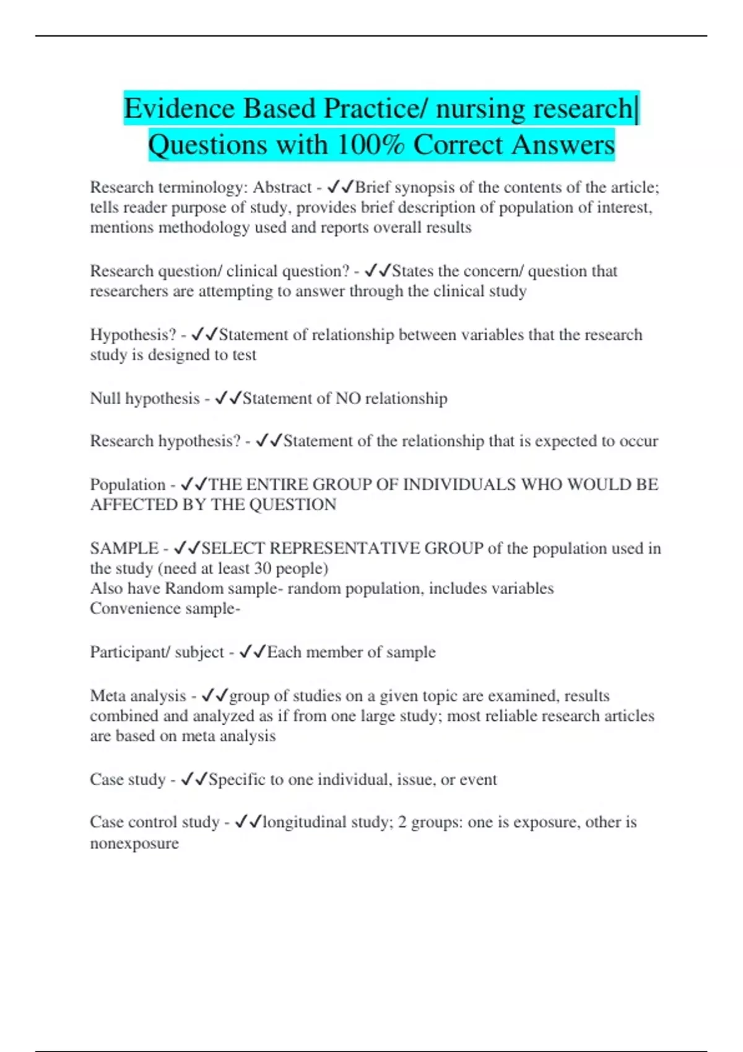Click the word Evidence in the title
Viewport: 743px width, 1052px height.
click(x=180, y=109)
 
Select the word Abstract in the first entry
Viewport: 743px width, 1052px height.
click(x=282, y=188)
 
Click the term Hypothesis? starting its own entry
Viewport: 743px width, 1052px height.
click(x=133, y=335)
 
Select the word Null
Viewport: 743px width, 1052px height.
click(x=105, y=399)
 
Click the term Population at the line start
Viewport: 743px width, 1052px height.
click(x=128, y=485)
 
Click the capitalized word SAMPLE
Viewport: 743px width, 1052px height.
click(x=124, y=548)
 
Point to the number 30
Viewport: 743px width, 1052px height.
click(x=263, y=569)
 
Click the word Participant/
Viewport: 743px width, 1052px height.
click(x=130, y=652)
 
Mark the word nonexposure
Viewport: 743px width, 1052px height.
click(x=134, y=843)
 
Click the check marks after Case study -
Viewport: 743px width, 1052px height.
click(x=194, y=780)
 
